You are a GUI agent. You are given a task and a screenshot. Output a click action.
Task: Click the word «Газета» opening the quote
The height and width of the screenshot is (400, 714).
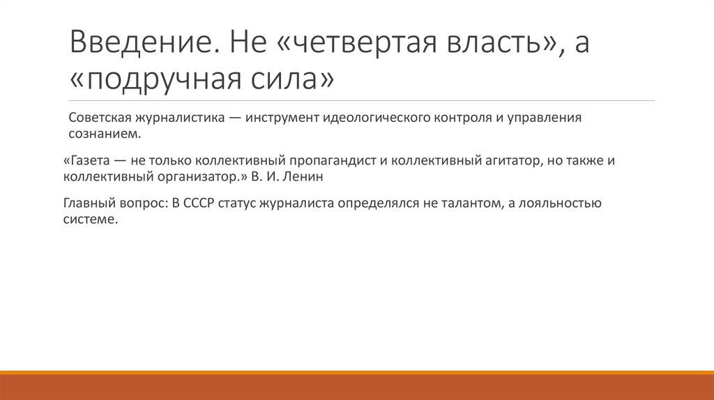(x=89, y=161)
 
